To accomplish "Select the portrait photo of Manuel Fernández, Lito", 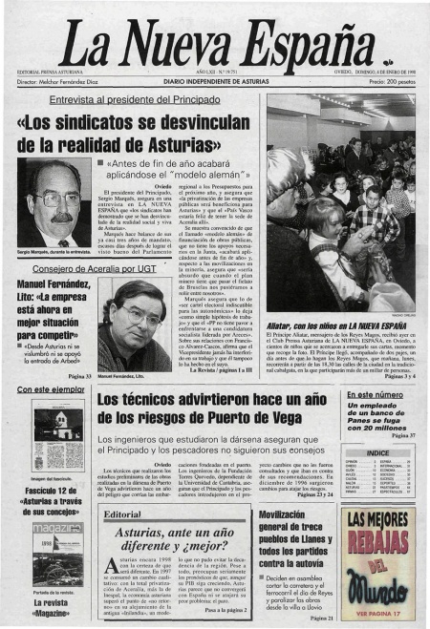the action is point(134,325).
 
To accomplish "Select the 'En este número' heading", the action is point(376,393).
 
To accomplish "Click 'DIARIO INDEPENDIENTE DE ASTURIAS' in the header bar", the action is point(215,83).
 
